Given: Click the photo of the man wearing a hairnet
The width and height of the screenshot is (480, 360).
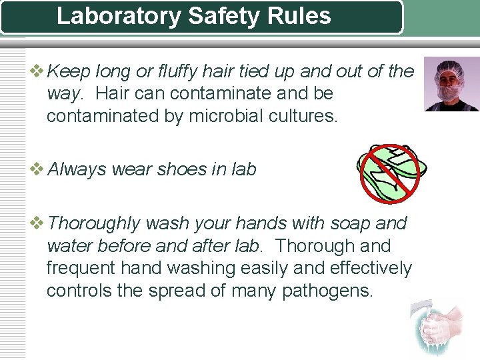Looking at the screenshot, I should coord(451,83).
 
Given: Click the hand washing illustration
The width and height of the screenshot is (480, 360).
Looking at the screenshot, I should coord(436,329).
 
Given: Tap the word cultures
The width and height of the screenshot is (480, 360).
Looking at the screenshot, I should coord(305,117).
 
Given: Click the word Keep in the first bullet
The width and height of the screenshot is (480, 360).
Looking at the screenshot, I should coord(71,71).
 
